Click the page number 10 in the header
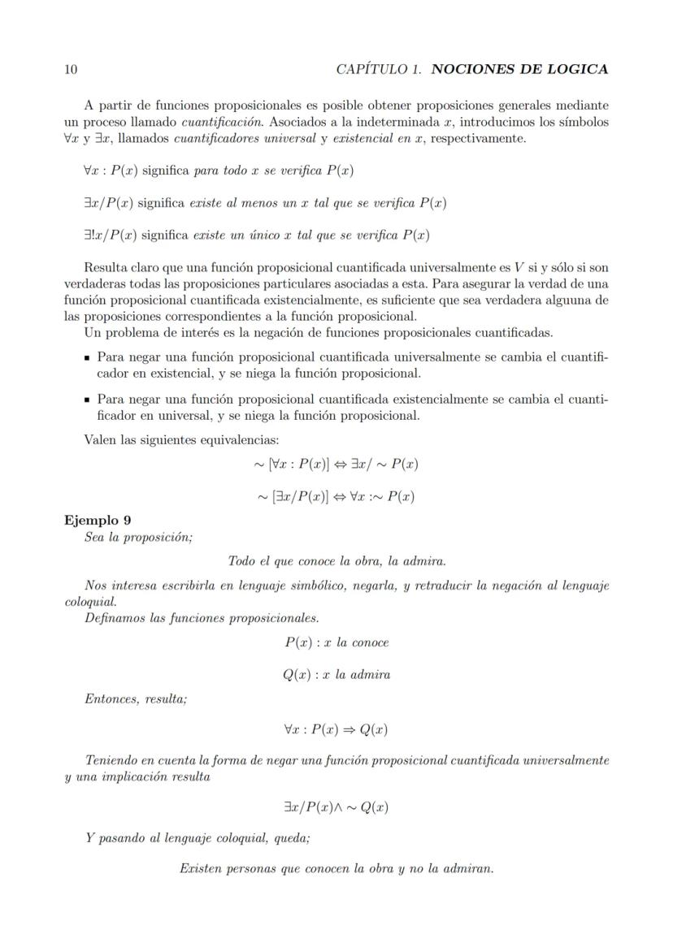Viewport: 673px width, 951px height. point(71,70)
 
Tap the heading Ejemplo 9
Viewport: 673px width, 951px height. point(98,520)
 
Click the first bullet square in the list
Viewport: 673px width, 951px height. point(87,358)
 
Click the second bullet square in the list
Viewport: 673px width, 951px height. point(87,400)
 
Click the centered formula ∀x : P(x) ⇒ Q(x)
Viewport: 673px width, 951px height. point(336,729)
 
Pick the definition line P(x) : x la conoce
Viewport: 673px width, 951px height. point(336,642)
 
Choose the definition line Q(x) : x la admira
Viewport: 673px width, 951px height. point(336,675)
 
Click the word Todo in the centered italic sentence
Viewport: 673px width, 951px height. point(241,561)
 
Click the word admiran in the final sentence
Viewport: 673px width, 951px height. point(467,869)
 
